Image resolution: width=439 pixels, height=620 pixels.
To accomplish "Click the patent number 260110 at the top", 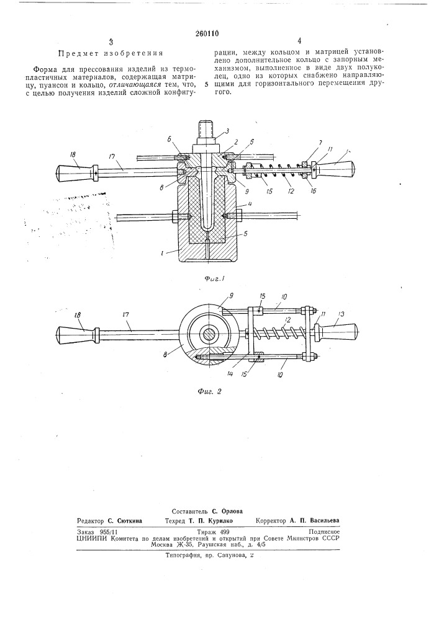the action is [207, 33].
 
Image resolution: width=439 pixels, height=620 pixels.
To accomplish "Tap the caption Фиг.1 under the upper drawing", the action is [215, 279].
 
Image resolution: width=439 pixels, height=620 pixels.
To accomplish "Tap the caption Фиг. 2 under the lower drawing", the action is [209, 391].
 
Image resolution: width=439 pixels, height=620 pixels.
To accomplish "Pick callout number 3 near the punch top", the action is [227, 130].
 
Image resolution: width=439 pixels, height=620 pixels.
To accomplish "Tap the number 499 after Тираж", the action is [224, 532].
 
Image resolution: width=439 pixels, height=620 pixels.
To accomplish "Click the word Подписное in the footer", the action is [325, 532].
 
